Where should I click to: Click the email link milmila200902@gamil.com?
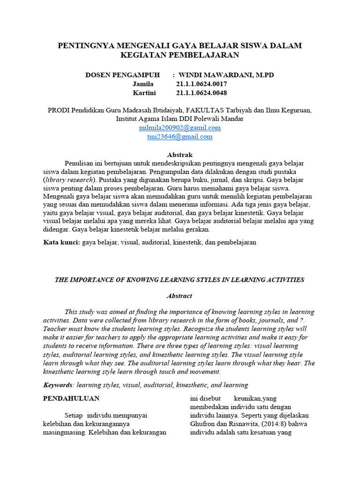coord(180,127)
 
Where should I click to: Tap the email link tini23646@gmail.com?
coord(180,137)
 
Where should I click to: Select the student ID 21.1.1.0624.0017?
coord(202,84)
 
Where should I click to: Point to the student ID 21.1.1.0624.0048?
coord(202,93)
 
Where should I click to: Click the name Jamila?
coord(143,84)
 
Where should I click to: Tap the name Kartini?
coord(144,93)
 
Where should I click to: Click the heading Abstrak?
coord(180,155)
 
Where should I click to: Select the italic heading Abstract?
coord(180,296)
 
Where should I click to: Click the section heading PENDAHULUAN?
coord(71,398)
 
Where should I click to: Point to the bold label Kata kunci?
coord(62,242)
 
